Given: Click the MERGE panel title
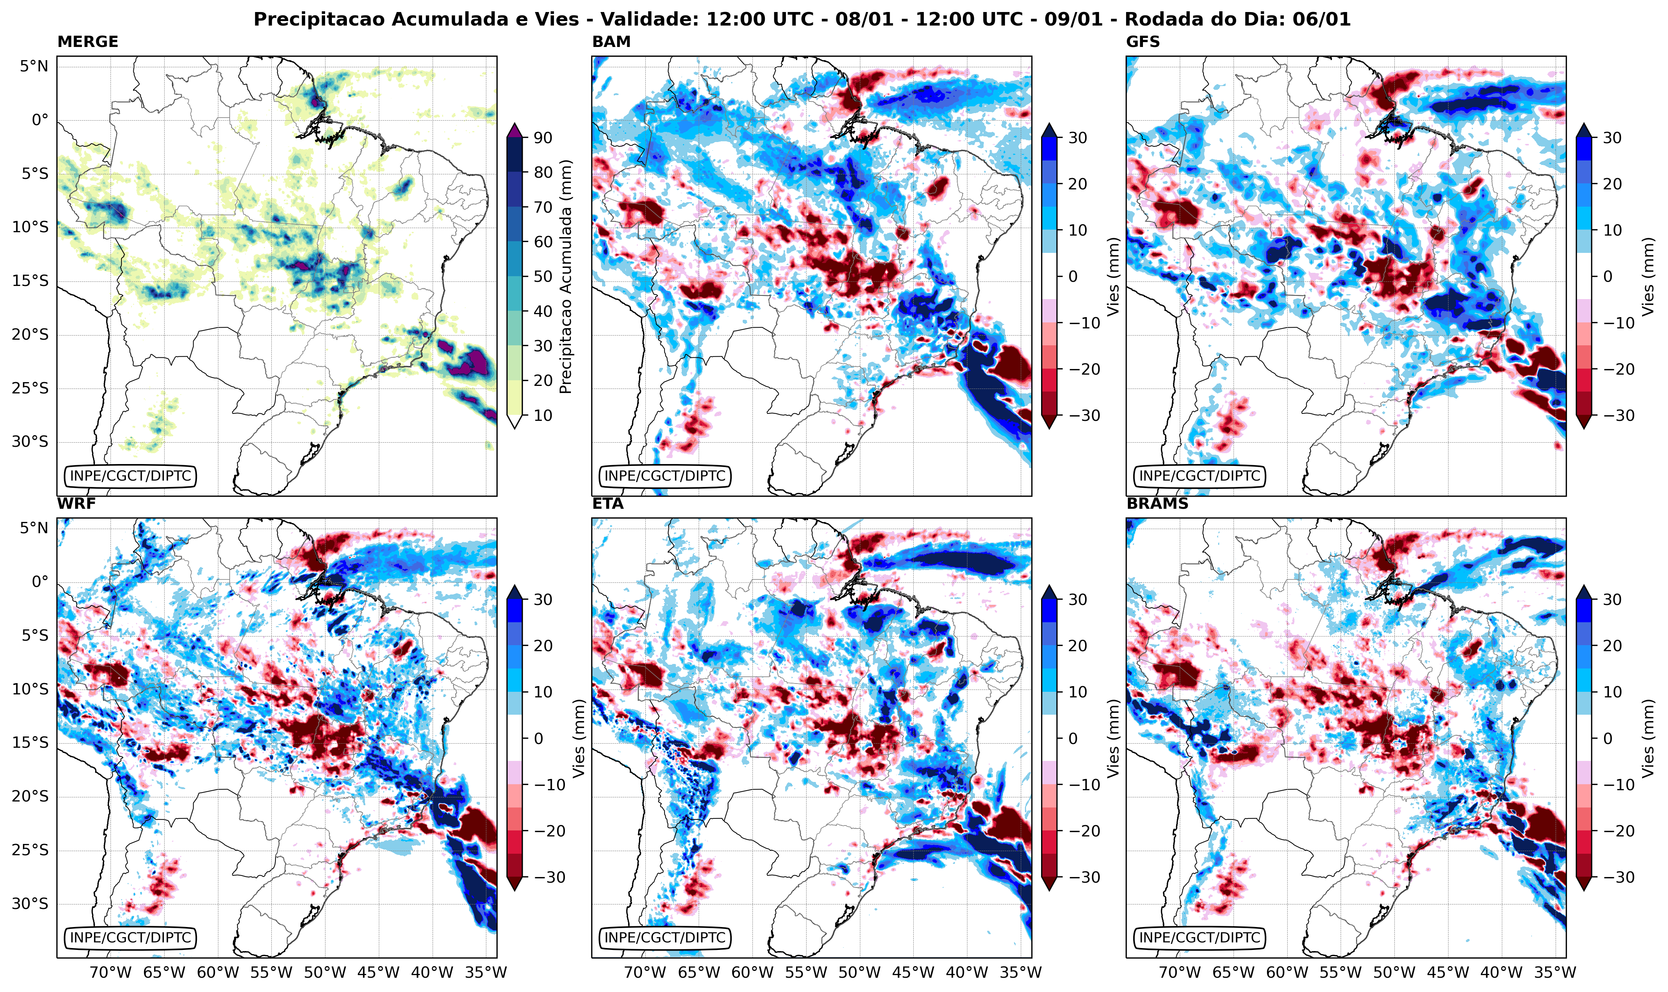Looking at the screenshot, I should pos(88,41).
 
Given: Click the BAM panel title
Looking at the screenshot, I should pos(611,41).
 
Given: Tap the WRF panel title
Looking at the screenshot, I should pos(76,504).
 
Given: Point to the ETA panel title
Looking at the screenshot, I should pos(608,504).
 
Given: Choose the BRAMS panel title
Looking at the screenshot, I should pos(1157,504).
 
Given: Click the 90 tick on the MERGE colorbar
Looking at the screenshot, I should pos(543,138).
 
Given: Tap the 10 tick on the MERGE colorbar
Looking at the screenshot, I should pos(543,415).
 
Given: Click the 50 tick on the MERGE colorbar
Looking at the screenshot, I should pos(543,276).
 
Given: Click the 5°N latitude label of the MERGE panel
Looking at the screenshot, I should pos(33,66).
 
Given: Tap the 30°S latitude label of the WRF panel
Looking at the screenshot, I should pos(30,904).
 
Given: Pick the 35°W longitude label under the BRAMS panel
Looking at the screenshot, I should pos(1555,972).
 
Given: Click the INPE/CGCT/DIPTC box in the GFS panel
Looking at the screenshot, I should pos(1199,476).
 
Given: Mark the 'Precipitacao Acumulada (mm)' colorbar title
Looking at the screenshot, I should pos(566,276).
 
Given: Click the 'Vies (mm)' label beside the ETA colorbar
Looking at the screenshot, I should pos(1113,738).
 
